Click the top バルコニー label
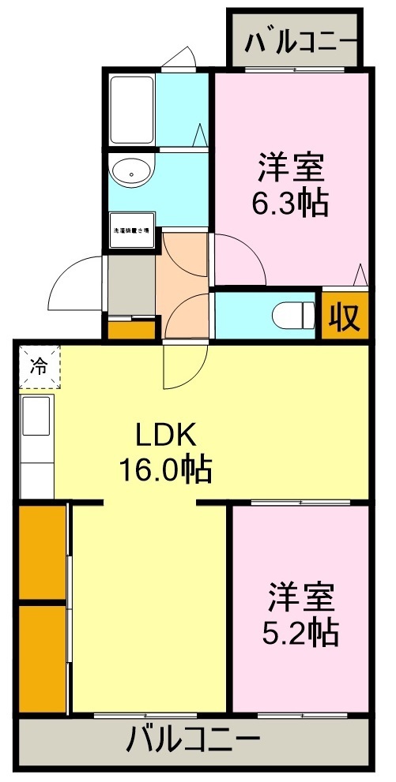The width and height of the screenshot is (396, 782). click(x=294, y=41)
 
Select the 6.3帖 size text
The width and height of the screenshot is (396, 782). click(x=289, y=204)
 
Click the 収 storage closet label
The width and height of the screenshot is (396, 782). click(x=345, y=316)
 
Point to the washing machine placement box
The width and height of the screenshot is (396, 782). click(x=131, y=232)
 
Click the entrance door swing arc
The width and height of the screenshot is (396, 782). click(x=75, y=284)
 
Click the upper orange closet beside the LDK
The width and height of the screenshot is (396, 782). click(x=42, y=552)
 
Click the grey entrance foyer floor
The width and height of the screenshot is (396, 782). click(x=131, y=284)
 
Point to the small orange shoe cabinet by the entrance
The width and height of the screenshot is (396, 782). click(x=131, y=327)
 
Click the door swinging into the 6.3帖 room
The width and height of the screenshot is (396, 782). click(x=237, y=260)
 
